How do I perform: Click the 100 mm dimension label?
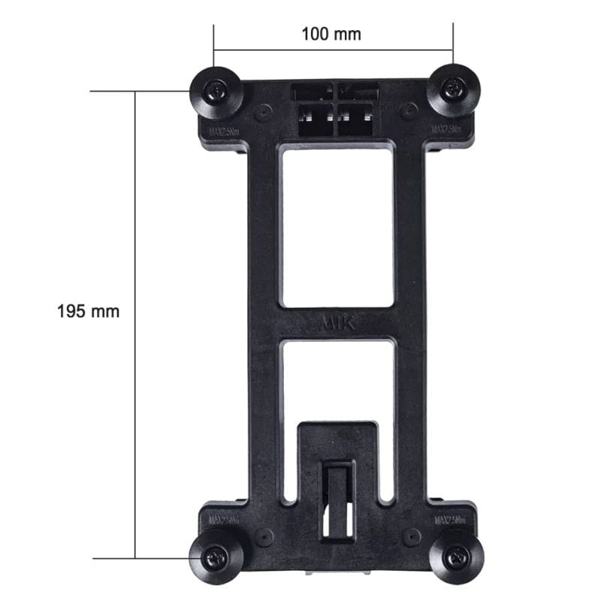point(331,35)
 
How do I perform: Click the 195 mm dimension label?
point(88,311)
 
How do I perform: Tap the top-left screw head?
point(216,92)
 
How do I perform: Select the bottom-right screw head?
point(456,557)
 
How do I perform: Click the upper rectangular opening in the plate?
point(337,225)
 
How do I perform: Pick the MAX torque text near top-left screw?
point(224,132)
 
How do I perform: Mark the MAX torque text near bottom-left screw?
point(224,519)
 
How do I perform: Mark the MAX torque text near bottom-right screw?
point(449,519)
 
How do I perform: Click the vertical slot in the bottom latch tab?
point(337,500)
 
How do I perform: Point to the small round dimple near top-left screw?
point(262,113)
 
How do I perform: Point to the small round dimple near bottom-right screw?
point(411,536)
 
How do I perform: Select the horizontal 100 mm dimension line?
point(334,50)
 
